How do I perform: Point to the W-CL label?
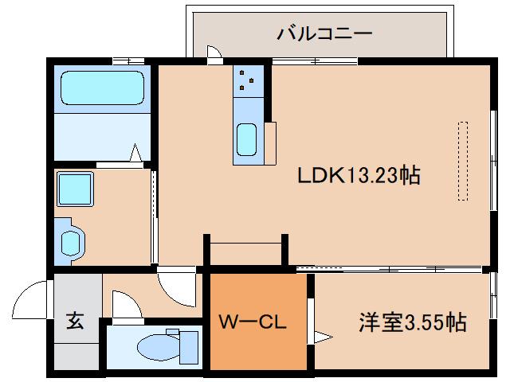pos(253,323)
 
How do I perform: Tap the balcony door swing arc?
pos(214,53)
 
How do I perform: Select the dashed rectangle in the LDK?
pos(463,160)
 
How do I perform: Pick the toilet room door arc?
pos(125,304)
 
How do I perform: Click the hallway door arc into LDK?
pos(175,287)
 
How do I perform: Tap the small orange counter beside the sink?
pos(270,142)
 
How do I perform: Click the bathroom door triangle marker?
pos(136,151)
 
